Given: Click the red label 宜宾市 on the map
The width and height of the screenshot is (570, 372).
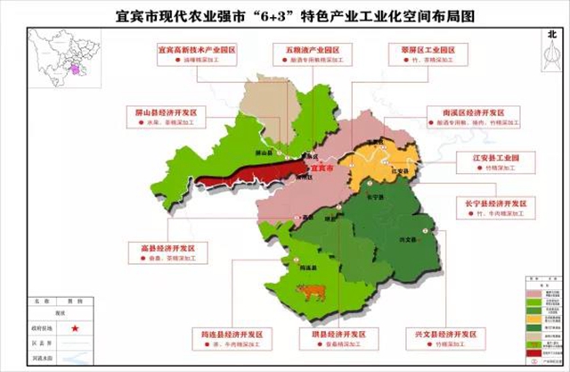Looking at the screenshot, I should click(x=318, y=167).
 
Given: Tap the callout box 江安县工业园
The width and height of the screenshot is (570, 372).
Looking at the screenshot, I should click(x=490, y=161).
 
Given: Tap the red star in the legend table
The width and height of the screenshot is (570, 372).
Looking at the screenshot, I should click(x=74, y=330).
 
